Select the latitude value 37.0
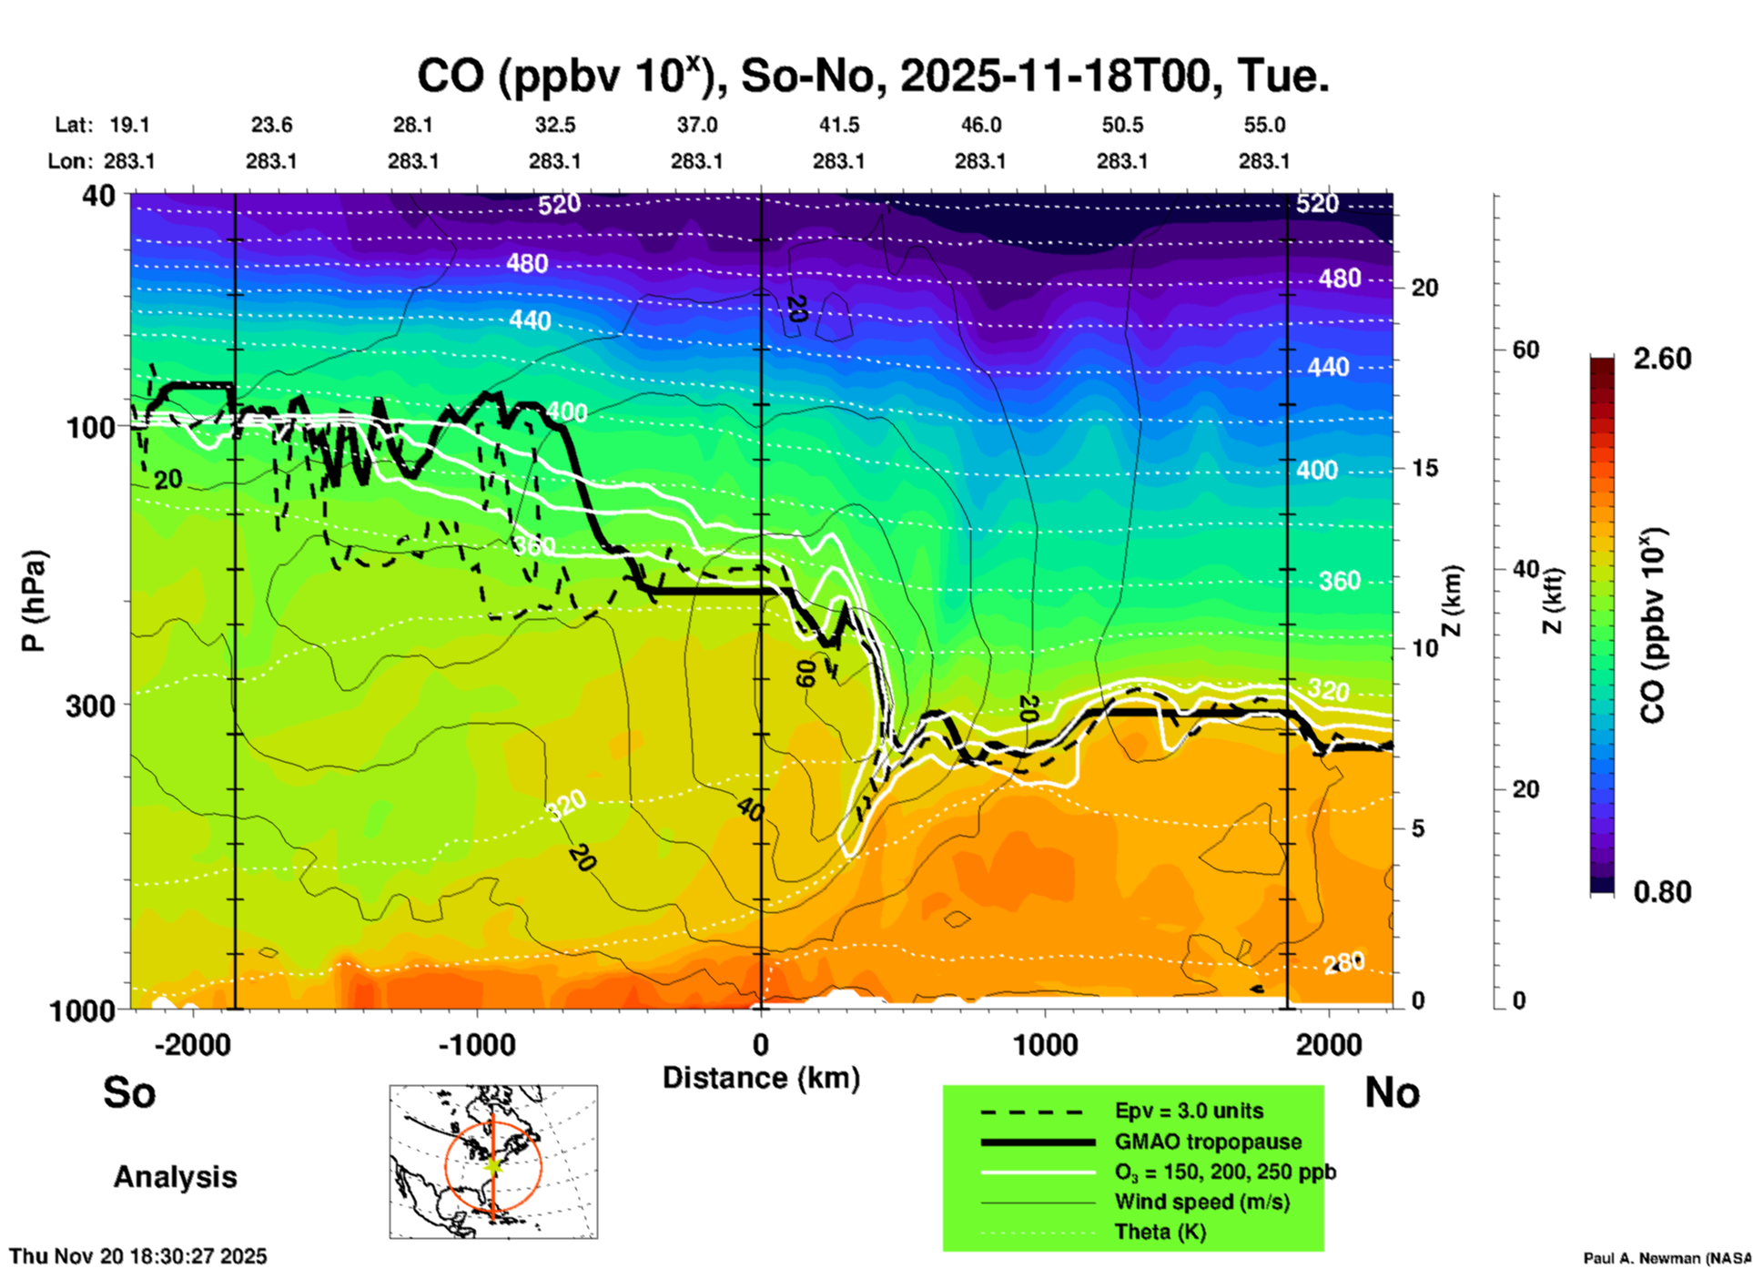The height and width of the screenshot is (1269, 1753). pos(696,125)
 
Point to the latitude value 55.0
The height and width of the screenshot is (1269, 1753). pos(1264,125)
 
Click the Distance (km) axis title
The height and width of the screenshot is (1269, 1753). pos(761,1078)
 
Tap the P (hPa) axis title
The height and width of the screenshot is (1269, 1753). pos(34,601)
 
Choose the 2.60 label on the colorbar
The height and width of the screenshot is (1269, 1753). pos(1662,359)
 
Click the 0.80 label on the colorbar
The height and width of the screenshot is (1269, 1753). pos(1662,892)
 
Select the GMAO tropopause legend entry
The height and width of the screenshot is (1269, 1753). pos(1208,1142)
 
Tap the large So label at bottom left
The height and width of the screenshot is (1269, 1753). pos(129,1092)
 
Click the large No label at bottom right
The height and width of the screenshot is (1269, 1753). pos(1392,1092)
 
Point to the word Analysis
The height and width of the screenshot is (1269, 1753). pos(175,1177)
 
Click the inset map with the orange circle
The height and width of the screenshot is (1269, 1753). pos(493,1162)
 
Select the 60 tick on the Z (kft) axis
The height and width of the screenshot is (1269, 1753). pos(1525,350)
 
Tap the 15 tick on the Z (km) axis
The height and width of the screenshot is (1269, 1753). pos(1424,468)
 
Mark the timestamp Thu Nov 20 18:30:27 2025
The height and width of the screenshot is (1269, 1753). pos(138,1256)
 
